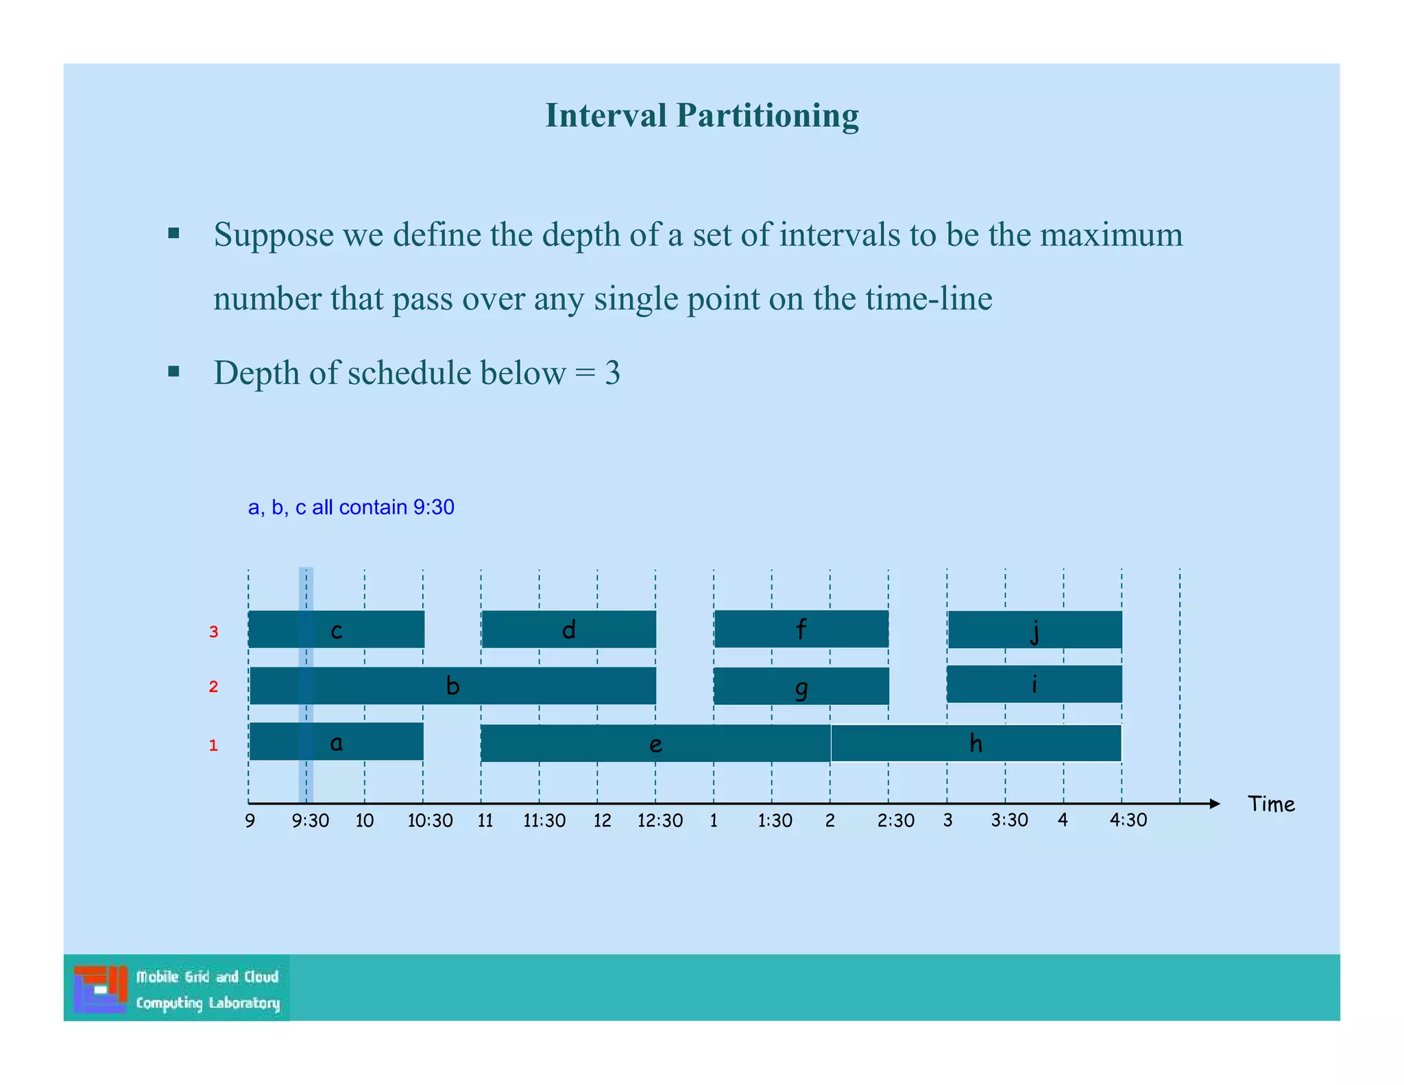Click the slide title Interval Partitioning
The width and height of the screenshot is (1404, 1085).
[x=701, y=115]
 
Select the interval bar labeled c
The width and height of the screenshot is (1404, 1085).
[x=336, y=630]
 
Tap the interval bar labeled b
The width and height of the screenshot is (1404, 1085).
[x=452, y=686]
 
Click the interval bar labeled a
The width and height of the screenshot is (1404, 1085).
[x=336, y=742]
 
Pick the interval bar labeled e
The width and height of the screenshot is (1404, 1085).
[x=655, y=743]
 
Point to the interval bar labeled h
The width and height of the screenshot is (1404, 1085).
[x=976, y=743]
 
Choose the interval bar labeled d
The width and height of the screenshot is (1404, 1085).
[x=568, y=630]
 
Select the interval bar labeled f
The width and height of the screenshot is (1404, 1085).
[x=801, y=629]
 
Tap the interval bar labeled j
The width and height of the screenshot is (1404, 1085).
[x=1034, y=630]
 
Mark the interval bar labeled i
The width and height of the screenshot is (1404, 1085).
[x=1034, y=684]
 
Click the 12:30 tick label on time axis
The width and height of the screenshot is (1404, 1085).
[x=659, y=821]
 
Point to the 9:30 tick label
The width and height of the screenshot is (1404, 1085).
[x=310, y=821]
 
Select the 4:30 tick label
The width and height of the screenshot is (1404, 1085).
[x=1128, y=820]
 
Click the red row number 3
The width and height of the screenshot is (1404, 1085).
[x=213, y=632]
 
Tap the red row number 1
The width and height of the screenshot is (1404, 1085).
[x=213, y=746]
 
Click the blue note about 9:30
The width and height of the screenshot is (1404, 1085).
[x=351, y=508]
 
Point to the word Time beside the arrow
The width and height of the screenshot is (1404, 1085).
[x=1271, y=804]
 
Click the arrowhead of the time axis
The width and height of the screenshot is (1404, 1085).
[x=1215, y=804]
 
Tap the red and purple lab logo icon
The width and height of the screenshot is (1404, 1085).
[x=101, y=989]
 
